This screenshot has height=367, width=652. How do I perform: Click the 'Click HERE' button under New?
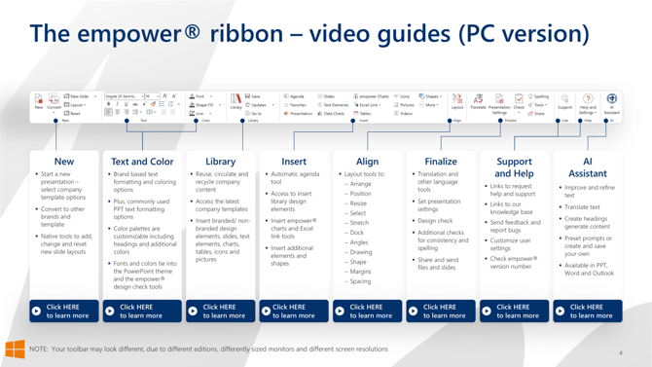coord(64,311)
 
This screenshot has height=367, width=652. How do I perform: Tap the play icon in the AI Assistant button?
coord(560,312)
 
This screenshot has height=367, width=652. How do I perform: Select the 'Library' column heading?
coord(220,162)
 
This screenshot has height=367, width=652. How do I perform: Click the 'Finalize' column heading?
coord(440,162)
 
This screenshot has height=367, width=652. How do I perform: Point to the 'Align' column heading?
coord(367,162)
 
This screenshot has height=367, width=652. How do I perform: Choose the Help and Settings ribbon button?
coord(588,103)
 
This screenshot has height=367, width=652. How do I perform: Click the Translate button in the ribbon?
coord(478,102)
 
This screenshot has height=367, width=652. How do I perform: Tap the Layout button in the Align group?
coord(456,102)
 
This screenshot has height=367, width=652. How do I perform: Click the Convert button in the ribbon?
coord(54,102)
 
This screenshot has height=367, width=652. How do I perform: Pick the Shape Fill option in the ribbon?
coord(201,105)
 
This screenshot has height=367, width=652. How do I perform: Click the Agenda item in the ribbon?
coord(295,96)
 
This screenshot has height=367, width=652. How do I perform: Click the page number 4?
coord(620,353)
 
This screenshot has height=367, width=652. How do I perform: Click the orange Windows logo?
coord(15,349)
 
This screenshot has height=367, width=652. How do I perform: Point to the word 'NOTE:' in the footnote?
coord(40,349)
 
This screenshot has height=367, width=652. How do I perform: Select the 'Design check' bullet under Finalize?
coord(435,221)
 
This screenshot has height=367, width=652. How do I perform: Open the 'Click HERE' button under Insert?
coord(294,311)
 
